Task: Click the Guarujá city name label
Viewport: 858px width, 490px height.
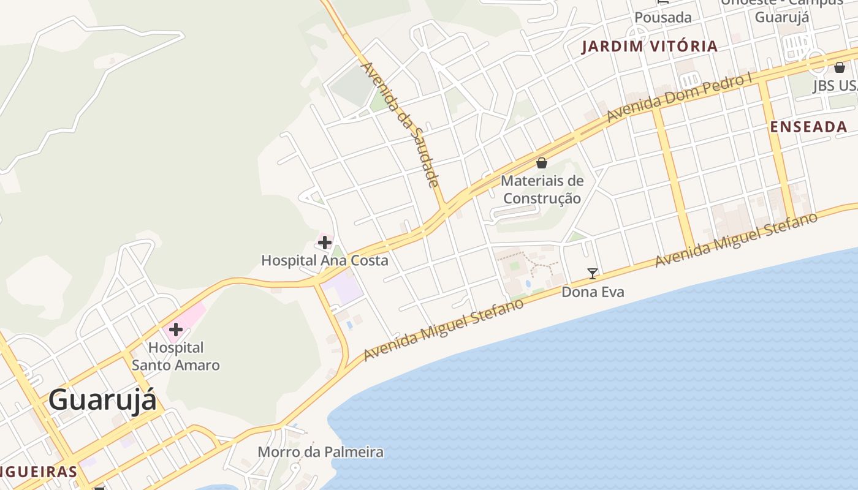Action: pos(102,401)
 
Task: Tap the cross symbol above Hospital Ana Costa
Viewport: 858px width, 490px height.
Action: pos(325,243)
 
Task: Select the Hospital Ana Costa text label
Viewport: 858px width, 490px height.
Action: pos(324,260)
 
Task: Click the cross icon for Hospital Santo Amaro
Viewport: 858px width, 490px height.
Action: pos(176,330)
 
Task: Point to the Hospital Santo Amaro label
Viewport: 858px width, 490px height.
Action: pos(176,356)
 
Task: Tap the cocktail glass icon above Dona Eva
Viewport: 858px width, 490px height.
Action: pos(592,273)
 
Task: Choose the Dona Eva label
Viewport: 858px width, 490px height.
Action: pos(593,292)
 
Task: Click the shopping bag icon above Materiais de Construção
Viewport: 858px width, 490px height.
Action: pos(542,163)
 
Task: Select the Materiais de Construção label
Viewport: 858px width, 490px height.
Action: pos(542,189)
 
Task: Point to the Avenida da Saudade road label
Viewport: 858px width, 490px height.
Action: pos(400,123)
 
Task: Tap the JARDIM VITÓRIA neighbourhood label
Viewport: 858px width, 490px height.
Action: pos(649,47)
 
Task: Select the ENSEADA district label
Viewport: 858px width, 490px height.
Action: pos(808,127)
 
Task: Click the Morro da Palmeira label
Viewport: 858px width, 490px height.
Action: pos(321,452)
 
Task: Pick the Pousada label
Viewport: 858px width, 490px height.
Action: pos(663,18)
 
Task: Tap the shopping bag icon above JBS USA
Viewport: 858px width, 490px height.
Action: pos(839,67)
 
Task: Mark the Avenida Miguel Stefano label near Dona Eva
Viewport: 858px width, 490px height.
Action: pos(736,240)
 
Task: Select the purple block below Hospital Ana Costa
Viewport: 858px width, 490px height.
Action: pos(341,288)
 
